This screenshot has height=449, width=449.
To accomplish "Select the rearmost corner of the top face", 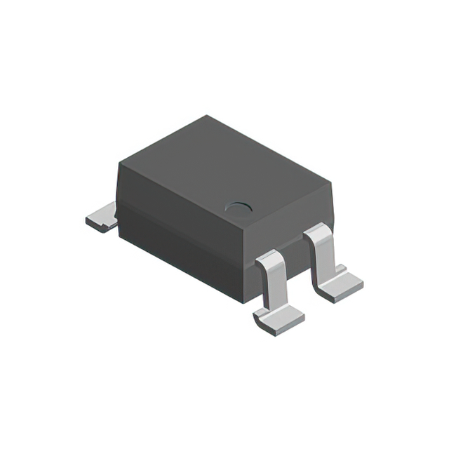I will (x=208, y=116).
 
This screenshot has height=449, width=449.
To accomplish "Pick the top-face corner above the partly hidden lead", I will (x=119, y=163).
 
